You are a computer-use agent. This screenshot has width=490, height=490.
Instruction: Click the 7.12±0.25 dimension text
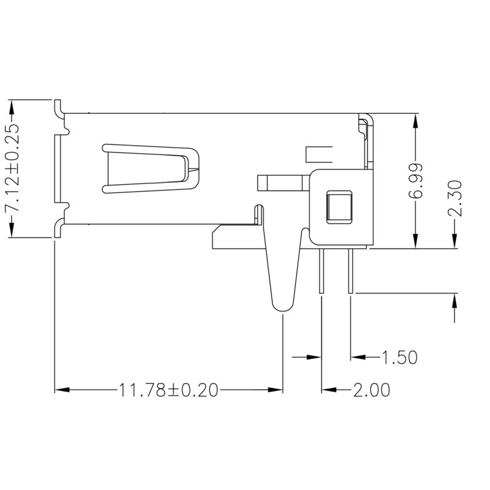[13, 168]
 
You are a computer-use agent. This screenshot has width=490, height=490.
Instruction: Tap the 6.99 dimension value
[417, 181]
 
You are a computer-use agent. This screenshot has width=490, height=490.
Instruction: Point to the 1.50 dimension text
[399, 357]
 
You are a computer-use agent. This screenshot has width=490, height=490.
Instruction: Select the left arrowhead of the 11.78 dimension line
[61, 390]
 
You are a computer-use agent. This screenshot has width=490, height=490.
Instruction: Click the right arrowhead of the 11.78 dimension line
[276, 390]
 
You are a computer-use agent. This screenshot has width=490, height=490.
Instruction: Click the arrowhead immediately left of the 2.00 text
[328, 390]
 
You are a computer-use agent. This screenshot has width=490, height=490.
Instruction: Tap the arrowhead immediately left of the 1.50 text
[356, 356]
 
